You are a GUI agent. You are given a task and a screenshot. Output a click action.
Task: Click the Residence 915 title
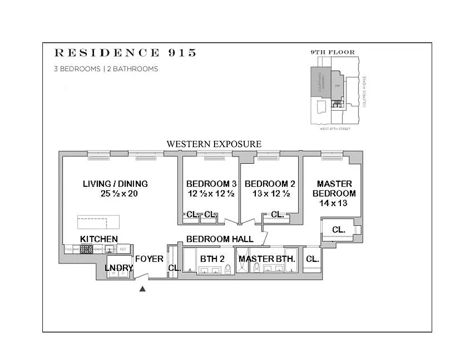[x=125, y=53]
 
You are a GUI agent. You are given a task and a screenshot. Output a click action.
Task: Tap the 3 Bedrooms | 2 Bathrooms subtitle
[x=106, y=69]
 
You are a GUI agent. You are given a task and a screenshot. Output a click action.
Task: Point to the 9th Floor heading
[x=332, y=52]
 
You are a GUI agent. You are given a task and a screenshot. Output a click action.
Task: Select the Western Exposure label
[x=214, y=144]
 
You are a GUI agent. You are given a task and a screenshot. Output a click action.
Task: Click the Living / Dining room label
[x=115, y=184]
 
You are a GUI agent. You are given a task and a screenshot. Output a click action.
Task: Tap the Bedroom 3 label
[x=211, y=184]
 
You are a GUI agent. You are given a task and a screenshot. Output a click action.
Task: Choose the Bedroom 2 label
[x=270, y=184]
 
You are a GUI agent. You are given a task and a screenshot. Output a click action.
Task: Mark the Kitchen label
[x=99, y=239]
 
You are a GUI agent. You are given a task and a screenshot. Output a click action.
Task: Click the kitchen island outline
[x=98, y=222]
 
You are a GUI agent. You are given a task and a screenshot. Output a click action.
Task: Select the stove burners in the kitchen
[x=86, y=249]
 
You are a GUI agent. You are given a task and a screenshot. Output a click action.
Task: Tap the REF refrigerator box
[x=123, y=249]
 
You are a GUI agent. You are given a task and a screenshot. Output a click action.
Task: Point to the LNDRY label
[x=119, y=268]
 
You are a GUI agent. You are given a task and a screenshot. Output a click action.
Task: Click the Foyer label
[x=149, y=259]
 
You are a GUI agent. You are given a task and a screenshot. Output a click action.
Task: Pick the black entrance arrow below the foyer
[x=143, y=289]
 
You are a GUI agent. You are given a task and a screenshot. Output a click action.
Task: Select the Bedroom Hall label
[x=219, y=239]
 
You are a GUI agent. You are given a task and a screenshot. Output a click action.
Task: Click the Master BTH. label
[x=267, y=259]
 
